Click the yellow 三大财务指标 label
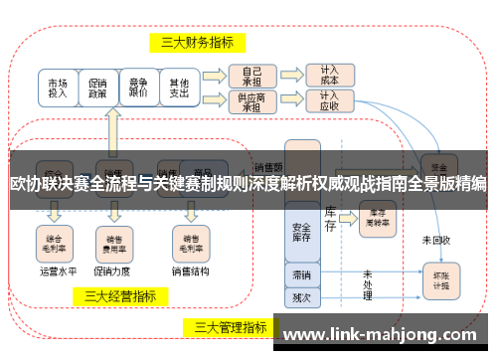click(x=197, y=42)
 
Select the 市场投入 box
click(x=58, y=88)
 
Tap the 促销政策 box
click(x=98, y=88)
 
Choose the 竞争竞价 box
click(x=139, y=88)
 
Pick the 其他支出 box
click(x=179, y=88)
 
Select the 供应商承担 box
click(x=251, y=100)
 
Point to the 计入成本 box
click(x=329, y=77)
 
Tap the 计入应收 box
click(x=329, y=100)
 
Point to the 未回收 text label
click(x=435, y=240)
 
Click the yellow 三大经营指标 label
click(x=119, y=295)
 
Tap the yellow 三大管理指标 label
click(x=230, y=326)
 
